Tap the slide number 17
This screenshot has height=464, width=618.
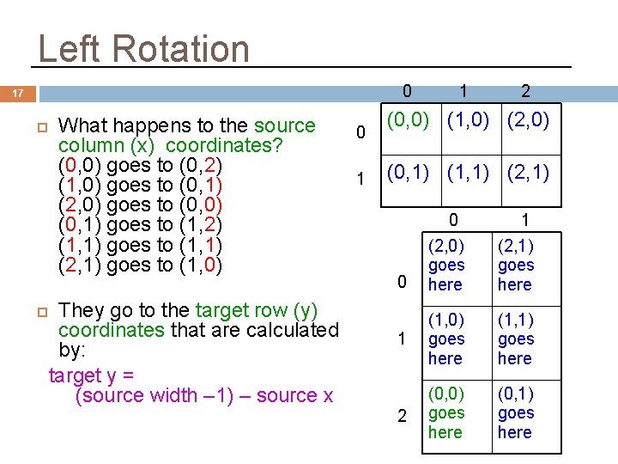click(18, 94)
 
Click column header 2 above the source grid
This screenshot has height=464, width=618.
click(525, 90)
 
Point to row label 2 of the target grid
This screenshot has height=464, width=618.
click(402, 416)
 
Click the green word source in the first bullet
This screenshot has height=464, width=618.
click(285, 126)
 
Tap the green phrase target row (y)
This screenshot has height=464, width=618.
click(257, 310)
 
